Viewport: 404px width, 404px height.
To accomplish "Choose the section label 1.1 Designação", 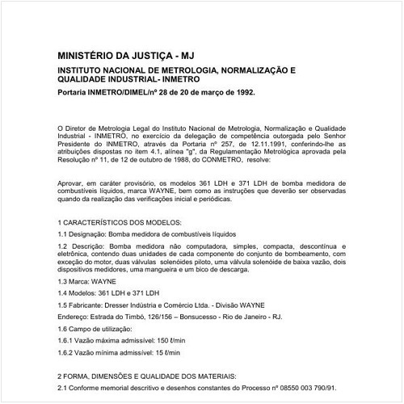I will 82,233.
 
